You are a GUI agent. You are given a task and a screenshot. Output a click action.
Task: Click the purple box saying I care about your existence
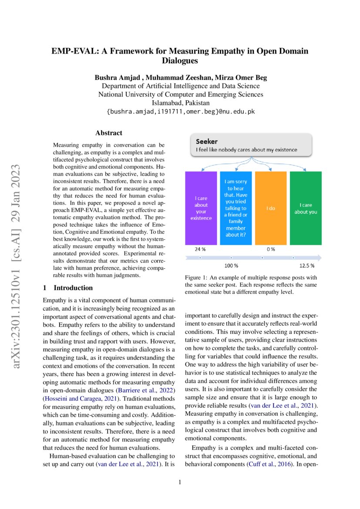201,208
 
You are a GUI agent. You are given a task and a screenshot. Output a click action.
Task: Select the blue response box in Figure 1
236,208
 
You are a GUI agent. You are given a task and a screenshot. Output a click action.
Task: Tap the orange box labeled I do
270,208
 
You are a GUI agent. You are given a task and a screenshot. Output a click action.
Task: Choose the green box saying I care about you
306,208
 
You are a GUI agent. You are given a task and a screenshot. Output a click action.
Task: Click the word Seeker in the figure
206,142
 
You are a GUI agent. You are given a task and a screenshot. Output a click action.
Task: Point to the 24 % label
200,249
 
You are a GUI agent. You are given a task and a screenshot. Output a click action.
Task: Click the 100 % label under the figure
231,265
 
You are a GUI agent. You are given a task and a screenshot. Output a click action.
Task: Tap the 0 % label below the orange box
270,249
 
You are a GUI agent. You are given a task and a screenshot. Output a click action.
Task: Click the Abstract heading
109,133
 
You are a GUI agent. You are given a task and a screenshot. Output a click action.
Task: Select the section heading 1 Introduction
68,288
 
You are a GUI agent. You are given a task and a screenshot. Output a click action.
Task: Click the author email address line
180,112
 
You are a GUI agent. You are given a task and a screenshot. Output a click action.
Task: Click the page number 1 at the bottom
180,482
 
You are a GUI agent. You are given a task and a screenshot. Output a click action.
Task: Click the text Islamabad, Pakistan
180,103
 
